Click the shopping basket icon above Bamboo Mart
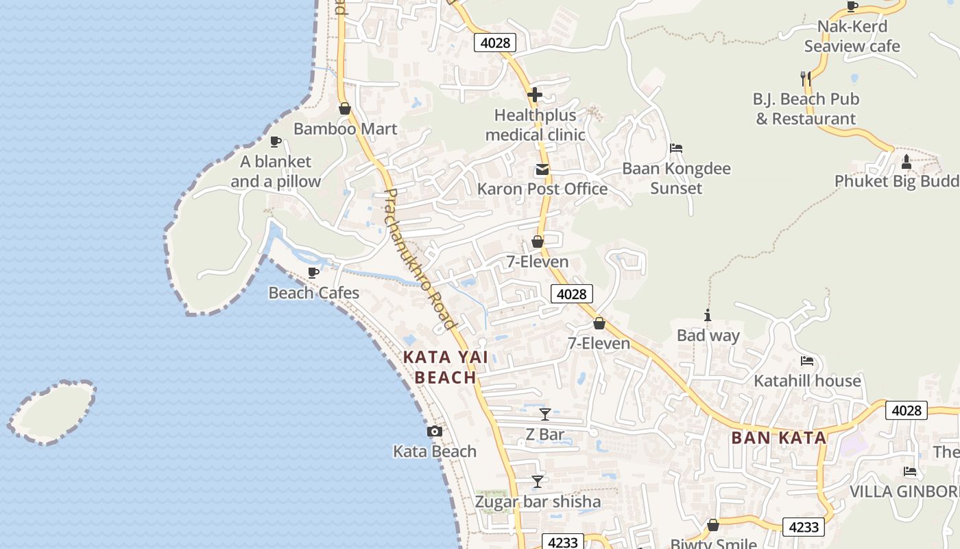click(345, 108)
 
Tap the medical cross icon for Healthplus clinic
click(535, 95)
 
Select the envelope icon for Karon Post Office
click(542, 169)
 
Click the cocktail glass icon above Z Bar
click(545, 414)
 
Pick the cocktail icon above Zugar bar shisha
click(538, 482)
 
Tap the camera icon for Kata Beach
click(434, 431)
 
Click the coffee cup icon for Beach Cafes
click(313, 272)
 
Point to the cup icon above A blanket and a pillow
click(276, 141)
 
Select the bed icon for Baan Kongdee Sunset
click(676, 148)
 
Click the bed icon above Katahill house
click(807, 360)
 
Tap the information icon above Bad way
click(708, 315)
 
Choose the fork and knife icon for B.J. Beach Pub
click(806, 78)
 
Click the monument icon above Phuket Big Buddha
click(907, 162)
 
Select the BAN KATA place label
click(778, 438)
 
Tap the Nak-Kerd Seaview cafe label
click(852, 36)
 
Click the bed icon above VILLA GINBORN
click(910, 471)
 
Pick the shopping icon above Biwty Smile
click(713, 525)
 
